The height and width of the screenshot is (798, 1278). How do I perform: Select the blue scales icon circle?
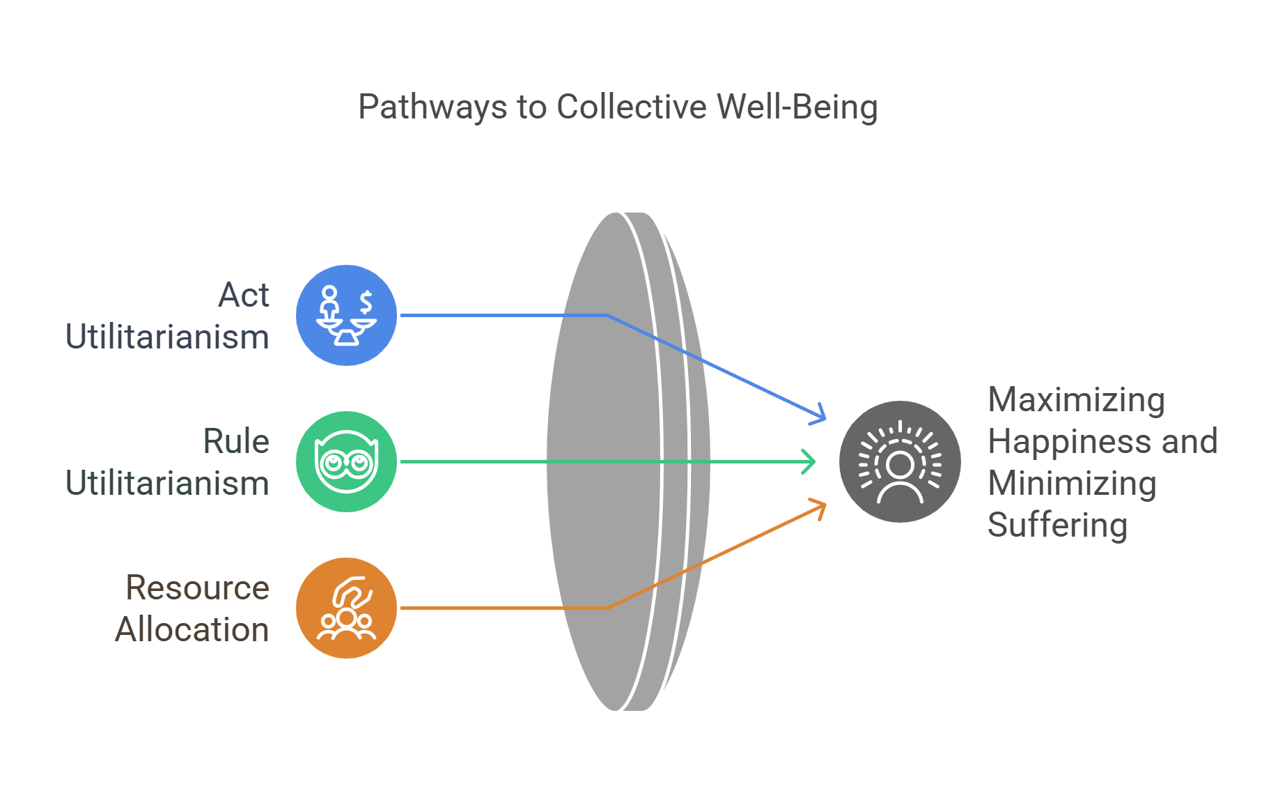pos(346,315)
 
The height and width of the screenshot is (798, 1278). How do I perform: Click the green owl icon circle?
pos(346,461)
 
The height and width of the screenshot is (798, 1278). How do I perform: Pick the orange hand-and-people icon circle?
pos(346,608)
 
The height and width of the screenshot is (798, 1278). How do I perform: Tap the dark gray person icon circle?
pos(900,461)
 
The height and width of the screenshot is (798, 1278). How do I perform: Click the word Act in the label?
pos(243,295)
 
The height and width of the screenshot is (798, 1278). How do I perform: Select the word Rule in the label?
pos(235,441)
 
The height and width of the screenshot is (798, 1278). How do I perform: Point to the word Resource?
pos(197,588)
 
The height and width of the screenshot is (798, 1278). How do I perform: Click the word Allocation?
pos(192,629)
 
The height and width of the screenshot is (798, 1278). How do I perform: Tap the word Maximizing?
pos(1076,400)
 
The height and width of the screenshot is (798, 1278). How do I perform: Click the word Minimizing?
pos(1072,484)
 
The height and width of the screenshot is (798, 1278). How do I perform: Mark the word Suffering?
pos(1057,525)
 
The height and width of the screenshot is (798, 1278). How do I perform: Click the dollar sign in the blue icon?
pos(366,302)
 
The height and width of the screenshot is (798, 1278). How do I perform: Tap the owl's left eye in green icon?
pos(333,461)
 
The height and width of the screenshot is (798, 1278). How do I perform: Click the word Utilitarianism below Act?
pos(167,337)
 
